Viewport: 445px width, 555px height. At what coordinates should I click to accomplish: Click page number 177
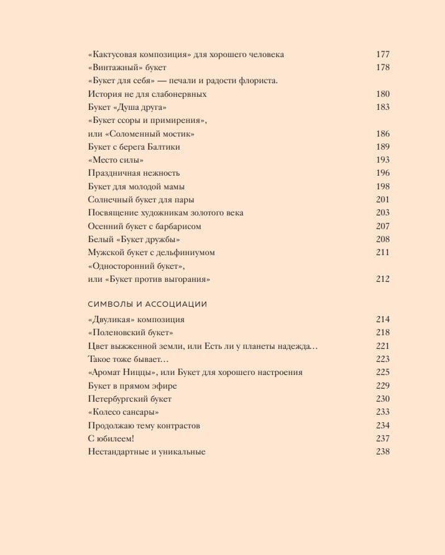click(x=383, y=55)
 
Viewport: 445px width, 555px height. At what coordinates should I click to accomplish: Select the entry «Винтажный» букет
click(x=127, y=68)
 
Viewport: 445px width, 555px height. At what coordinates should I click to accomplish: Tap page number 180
click(x=383, y=94)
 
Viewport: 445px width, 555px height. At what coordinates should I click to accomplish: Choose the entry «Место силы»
click(x=112, y=160)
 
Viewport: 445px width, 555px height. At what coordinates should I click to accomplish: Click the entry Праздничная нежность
click(x=134, y=173)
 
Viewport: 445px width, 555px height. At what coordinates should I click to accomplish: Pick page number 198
click(x=383, y=186)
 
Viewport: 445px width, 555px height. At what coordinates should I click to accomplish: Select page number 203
click(x=383, y=213)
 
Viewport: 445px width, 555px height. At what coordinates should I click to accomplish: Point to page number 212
click(x=383, y=279)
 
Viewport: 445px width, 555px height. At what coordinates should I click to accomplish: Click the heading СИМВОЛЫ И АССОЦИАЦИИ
click(x=148, y=304)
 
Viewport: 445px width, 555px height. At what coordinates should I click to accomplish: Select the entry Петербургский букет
click(x=130, y=399)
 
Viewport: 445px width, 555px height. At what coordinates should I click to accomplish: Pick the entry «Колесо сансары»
click(x=124, y=412)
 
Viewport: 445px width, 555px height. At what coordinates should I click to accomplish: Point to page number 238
click(x=383, y=451)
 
